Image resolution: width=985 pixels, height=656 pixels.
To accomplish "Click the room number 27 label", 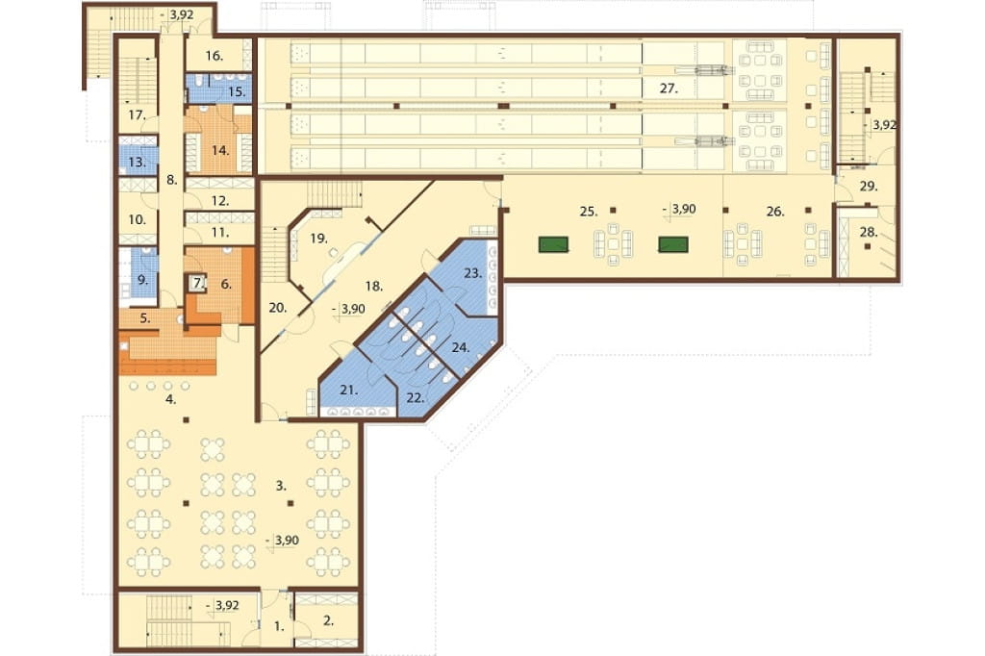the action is (669, 88).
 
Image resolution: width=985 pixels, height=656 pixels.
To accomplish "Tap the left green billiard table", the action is (553, 243).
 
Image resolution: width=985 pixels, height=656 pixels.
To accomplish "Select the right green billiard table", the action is (672, 243).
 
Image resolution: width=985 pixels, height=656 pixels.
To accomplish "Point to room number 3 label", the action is (281, 485).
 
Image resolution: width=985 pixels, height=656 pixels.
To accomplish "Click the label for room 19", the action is (319, 239).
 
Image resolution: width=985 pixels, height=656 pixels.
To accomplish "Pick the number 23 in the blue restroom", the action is (473, 273).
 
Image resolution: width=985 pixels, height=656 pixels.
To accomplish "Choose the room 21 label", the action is (348, 391).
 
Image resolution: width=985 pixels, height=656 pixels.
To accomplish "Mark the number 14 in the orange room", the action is (220, 151).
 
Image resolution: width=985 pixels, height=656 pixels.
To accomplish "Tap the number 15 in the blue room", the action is (237, 91).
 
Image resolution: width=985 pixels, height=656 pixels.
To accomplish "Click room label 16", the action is (214, 56).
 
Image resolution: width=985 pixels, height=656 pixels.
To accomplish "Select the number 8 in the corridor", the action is (171, 180).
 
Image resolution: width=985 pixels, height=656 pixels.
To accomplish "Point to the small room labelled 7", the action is (198, 284).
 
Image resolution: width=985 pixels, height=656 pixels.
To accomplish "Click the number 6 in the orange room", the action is (226, 284).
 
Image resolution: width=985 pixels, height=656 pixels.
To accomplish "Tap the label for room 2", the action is (328, 621).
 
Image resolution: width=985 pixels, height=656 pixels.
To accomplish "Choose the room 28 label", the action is (869, 233).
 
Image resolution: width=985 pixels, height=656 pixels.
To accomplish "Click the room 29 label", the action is (869, 187).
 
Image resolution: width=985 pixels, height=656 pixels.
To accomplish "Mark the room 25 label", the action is (588, 212).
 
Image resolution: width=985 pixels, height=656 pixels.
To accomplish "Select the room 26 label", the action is (775, 212).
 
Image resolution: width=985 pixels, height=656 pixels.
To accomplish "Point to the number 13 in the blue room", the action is (137, 163).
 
